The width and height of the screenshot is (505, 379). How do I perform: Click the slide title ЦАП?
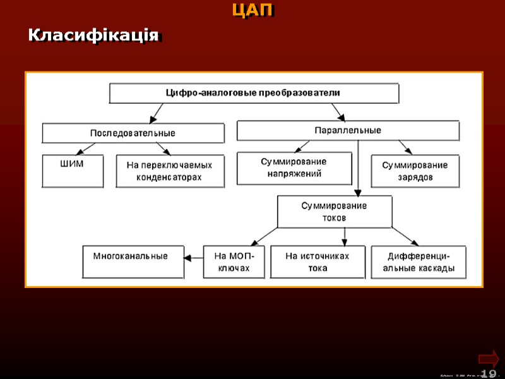(252, 11)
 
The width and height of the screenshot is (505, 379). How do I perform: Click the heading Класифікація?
(93, 35)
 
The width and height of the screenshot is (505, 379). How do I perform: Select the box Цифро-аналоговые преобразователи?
(254, 93)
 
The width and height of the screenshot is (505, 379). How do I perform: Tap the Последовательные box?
(133, 133)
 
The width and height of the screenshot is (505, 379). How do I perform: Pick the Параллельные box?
(347, 131)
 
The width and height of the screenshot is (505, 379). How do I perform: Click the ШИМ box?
(72, 171)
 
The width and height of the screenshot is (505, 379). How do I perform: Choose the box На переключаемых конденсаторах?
(170, 171)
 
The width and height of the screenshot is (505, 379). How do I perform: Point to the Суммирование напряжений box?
(294, 168)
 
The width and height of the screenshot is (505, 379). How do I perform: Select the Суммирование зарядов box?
(415, 171)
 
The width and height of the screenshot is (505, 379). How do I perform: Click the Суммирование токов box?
(334, 212)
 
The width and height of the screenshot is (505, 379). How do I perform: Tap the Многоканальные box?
(133, 262)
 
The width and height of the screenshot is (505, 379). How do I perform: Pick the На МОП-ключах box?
(234, 262)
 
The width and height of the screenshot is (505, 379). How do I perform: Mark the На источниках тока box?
(317, 262)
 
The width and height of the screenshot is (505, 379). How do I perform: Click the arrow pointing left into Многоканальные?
(194, 257)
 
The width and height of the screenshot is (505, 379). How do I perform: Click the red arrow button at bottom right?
(489, 358)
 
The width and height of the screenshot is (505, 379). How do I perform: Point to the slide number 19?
(488, 374)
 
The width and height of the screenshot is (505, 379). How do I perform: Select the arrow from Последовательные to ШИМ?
(85, 149)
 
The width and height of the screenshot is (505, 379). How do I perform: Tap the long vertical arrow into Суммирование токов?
(358, 167)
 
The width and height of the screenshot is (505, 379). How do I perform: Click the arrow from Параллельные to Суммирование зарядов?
(405, 148)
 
